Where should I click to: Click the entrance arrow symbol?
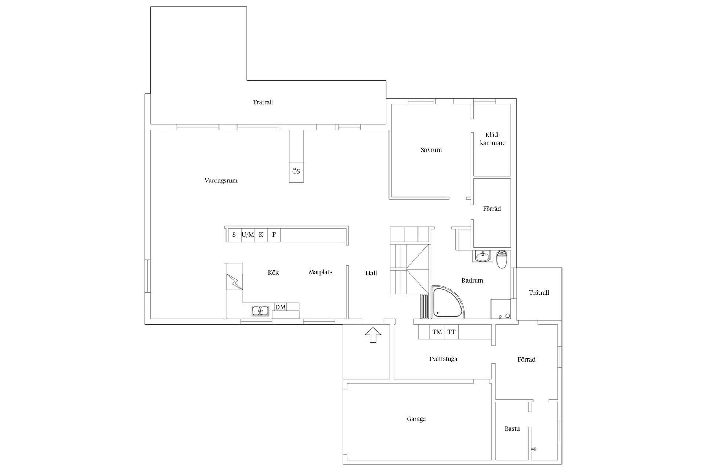tap(373, 335)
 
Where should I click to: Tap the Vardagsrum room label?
tap(221, 181)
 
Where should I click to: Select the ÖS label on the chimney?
tap(296, 171)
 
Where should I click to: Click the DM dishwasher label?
tap(281, 307)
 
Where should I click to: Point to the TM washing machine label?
tap(437, 332)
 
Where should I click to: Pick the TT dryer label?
tap(451, 332)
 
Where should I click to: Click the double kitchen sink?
tap(260, 311)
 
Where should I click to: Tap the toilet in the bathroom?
tap(502, 260)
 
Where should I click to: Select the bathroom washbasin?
tap(482, 256)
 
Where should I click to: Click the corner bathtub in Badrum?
tap(446, 302)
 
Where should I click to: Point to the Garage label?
tap(416, 419)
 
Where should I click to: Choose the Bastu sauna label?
tap(512, 429)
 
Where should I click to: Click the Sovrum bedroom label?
tap(431, 150)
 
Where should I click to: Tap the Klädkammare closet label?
tap(493, 139)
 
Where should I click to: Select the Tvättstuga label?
tap(443, 359)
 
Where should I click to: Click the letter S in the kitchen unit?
tap(234, 235)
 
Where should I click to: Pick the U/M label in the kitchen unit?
tap(248, 235)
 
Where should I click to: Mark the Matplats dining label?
tap(321, 272)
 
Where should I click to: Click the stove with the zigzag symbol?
tap(235, 282)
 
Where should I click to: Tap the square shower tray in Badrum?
tap(501, 309)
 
